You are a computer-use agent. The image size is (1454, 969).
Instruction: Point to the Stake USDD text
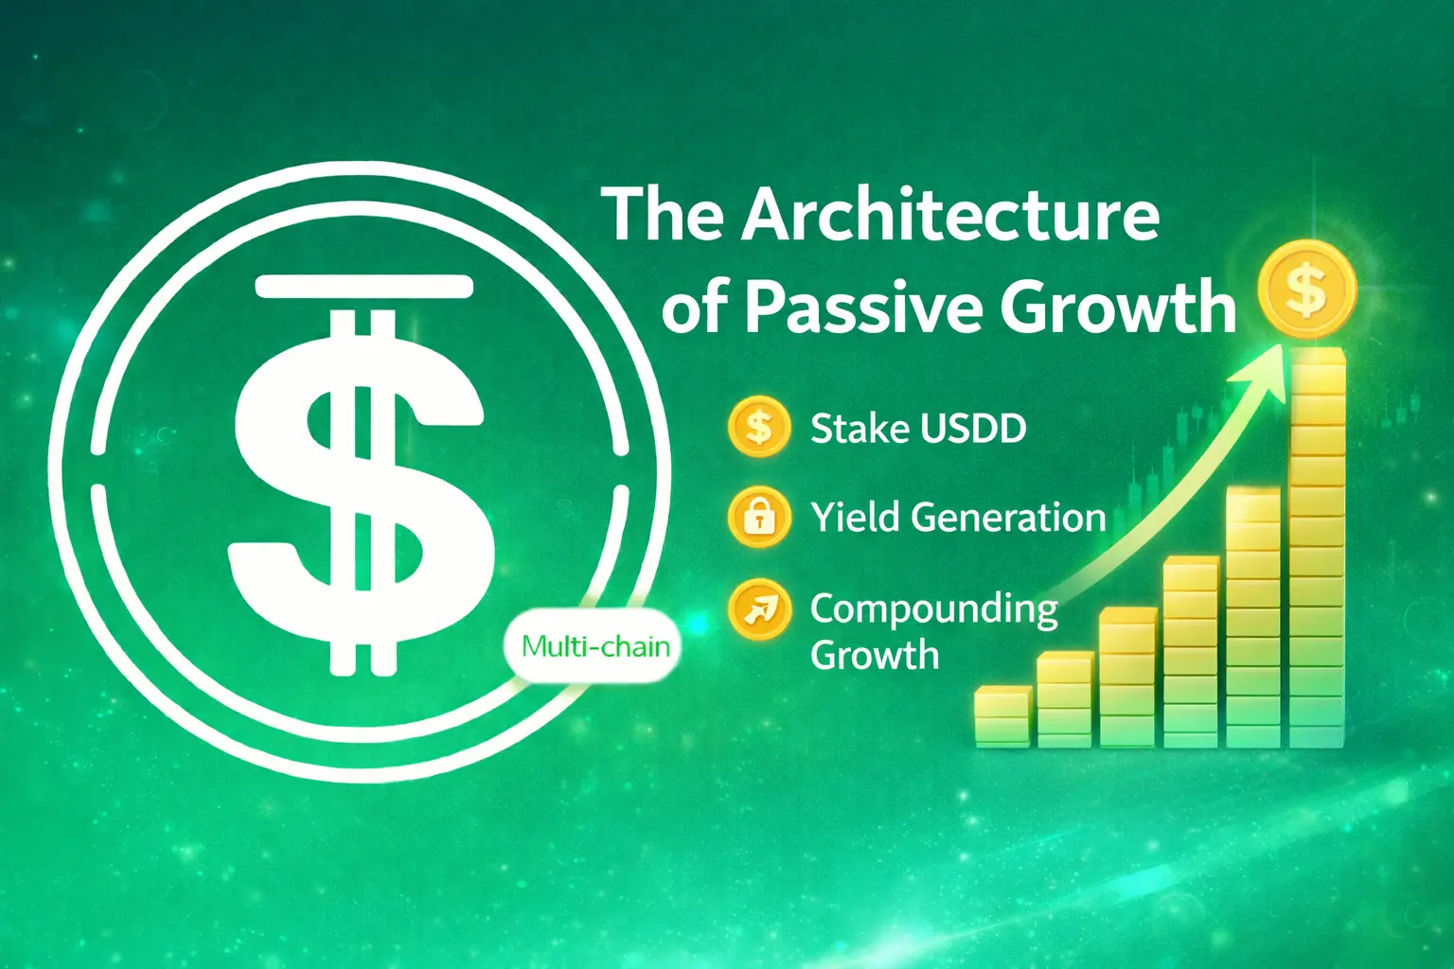pos(918,429)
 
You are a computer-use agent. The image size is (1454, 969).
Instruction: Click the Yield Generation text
pos(958,518)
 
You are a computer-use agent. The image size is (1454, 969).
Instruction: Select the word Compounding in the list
pos(934,610)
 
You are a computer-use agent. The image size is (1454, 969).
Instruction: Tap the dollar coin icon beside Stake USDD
pos(759,427)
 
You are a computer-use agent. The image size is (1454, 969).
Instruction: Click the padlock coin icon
pos(759,518)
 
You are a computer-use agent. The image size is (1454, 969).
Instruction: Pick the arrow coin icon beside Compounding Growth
pos(759,609)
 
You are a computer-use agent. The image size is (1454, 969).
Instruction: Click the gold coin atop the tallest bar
pos(1306,290)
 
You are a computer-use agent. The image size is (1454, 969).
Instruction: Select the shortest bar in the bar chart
pos(1002,716)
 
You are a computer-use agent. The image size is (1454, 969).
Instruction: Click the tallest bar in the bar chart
pos(1317,548)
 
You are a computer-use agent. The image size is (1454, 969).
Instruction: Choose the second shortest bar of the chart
pos(1065,699)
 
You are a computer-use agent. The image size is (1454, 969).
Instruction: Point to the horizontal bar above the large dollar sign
pos(364,287)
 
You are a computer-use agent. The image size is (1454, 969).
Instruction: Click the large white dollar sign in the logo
pos(361,493)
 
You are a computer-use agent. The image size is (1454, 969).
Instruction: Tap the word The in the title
pos(663,215)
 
